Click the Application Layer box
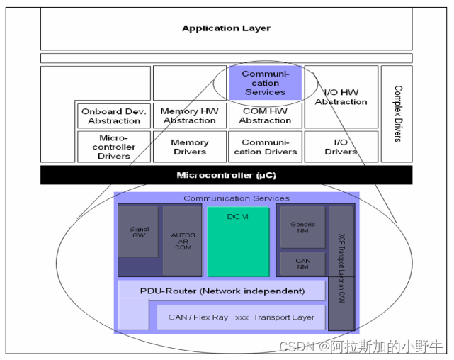226,29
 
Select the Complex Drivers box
397,113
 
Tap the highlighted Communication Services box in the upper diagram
265,83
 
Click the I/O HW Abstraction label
341,97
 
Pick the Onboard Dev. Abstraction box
114,116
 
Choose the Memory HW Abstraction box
189,116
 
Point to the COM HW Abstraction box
265,116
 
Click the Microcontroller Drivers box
114,147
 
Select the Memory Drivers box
189,147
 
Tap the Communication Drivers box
265,147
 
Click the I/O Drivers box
341,147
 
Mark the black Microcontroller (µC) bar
226,175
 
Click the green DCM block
238,241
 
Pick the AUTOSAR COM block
182,241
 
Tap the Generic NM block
302,227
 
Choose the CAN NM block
302,263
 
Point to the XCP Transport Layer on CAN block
341,268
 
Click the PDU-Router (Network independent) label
222,291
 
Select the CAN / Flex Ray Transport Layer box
241,317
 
